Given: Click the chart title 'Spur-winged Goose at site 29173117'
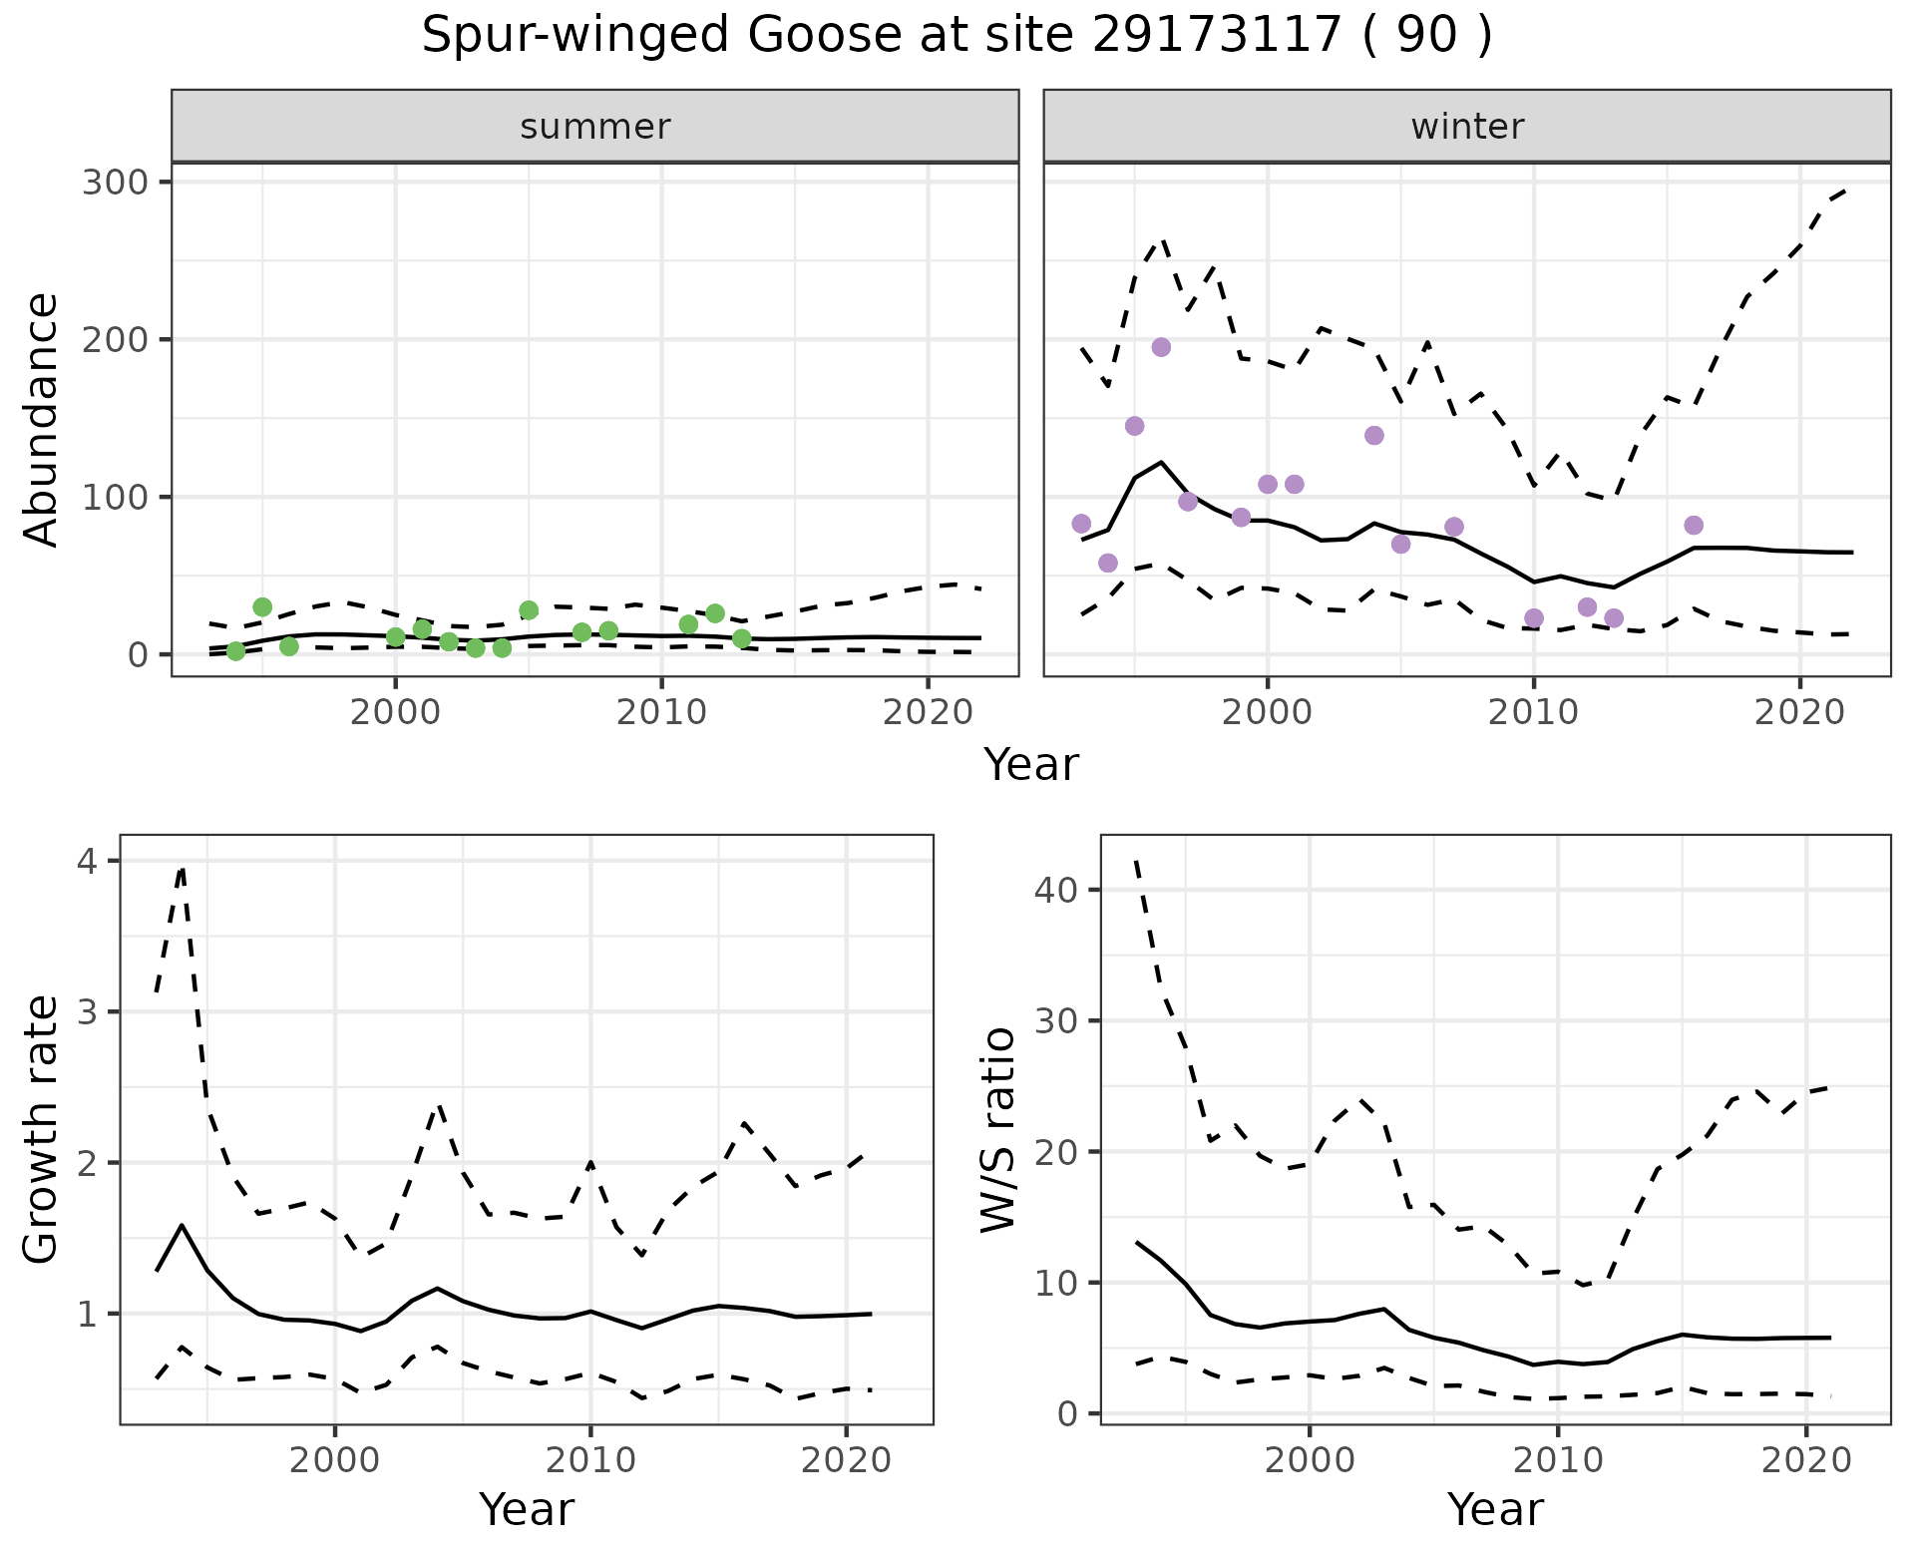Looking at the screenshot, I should click(x=956, y=36).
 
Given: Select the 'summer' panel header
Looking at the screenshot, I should click(x=594, y=127).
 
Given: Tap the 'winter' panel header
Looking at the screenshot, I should click(x=1466, y=127).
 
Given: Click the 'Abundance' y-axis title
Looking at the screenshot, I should click(x=42, y=419).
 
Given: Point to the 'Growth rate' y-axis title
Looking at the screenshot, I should click(x=42, y=1129).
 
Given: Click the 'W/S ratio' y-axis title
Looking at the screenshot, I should click(x=997, y=1129).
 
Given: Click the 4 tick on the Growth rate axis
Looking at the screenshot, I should click(x=87, y=861).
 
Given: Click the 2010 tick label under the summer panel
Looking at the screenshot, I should click(x=660, y=713).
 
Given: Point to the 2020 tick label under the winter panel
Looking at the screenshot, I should click(x=1799, y=713).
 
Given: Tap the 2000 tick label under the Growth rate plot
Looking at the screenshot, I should click(x=335, y=1461).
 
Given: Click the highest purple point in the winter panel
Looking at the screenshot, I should click(x=1161, y=347).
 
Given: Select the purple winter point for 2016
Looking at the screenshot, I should click(x=1694, y=526).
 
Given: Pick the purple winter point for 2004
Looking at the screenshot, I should click(x=1374, y=436).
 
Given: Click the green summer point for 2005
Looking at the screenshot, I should click(x=529, y=610).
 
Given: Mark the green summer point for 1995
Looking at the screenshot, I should click(x=262, y=607).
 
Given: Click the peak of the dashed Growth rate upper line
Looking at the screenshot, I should click(x=182, y=868).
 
